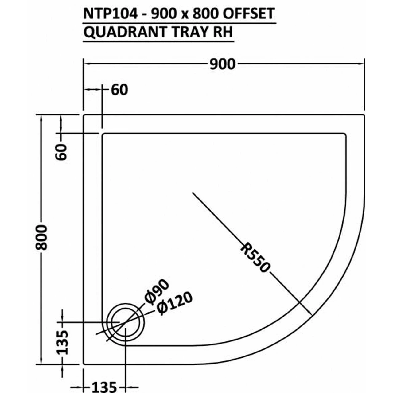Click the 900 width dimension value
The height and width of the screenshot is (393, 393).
[223, 64]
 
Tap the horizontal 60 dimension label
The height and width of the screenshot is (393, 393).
[119, 90]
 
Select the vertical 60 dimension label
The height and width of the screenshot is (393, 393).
[61, 152]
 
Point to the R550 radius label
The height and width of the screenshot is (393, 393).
[255, 258]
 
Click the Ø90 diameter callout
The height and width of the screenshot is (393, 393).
[157, 292]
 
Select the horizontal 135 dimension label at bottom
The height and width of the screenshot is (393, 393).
[104, 387]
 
